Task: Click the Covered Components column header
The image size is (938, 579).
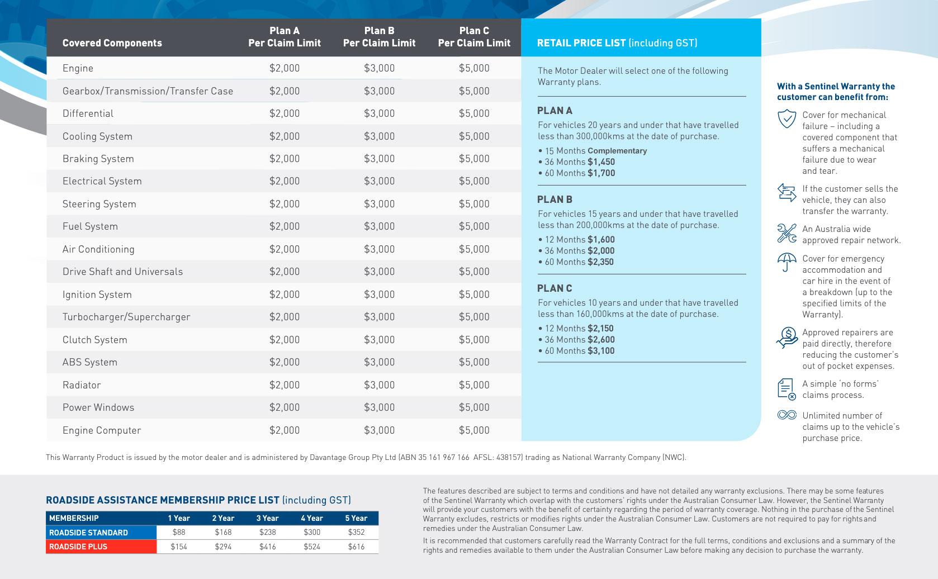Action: tap(112, 43)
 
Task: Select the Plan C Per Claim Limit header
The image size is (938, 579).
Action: tap(474, 37)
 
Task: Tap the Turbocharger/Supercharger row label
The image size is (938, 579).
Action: tap(126, 317)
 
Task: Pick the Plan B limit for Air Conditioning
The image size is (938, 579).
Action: tap(379, 249)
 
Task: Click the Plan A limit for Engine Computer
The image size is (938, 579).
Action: tap(285, 430)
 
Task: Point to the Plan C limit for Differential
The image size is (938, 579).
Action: tap(474, 113)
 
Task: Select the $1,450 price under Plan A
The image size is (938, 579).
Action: tap(601, 162)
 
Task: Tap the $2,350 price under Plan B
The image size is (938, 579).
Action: tap(600, 262)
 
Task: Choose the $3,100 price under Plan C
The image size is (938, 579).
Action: tap(601, 351)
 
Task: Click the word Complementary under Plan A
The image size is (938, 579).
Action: tap(617, 151)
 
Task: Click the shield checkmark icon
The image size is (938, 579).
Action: tap(787, 118)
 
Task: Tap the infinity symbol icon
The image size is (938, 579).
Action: tap(787, 415)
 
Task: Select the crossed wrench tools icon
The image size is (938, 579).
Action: tap(787, 233)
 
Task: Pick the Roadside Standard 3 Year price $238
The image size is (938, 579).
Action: tap(267, 533)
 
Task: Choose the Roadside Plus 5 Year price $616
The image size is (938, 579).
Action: tap(356, 547)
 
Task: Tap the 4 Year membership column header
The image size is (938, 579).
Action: tap(311, 518)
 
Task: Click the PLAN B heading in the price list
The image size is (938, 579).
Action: tap(555, 200)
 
